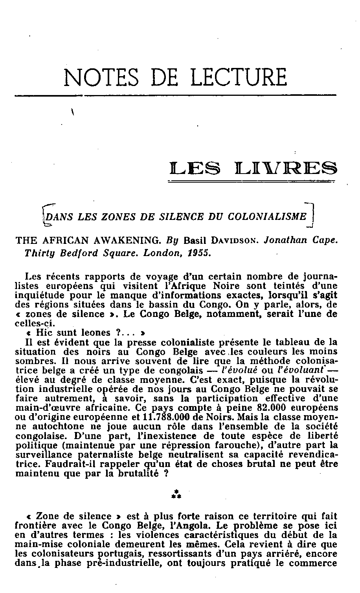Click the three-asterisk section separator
(176, 494)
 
